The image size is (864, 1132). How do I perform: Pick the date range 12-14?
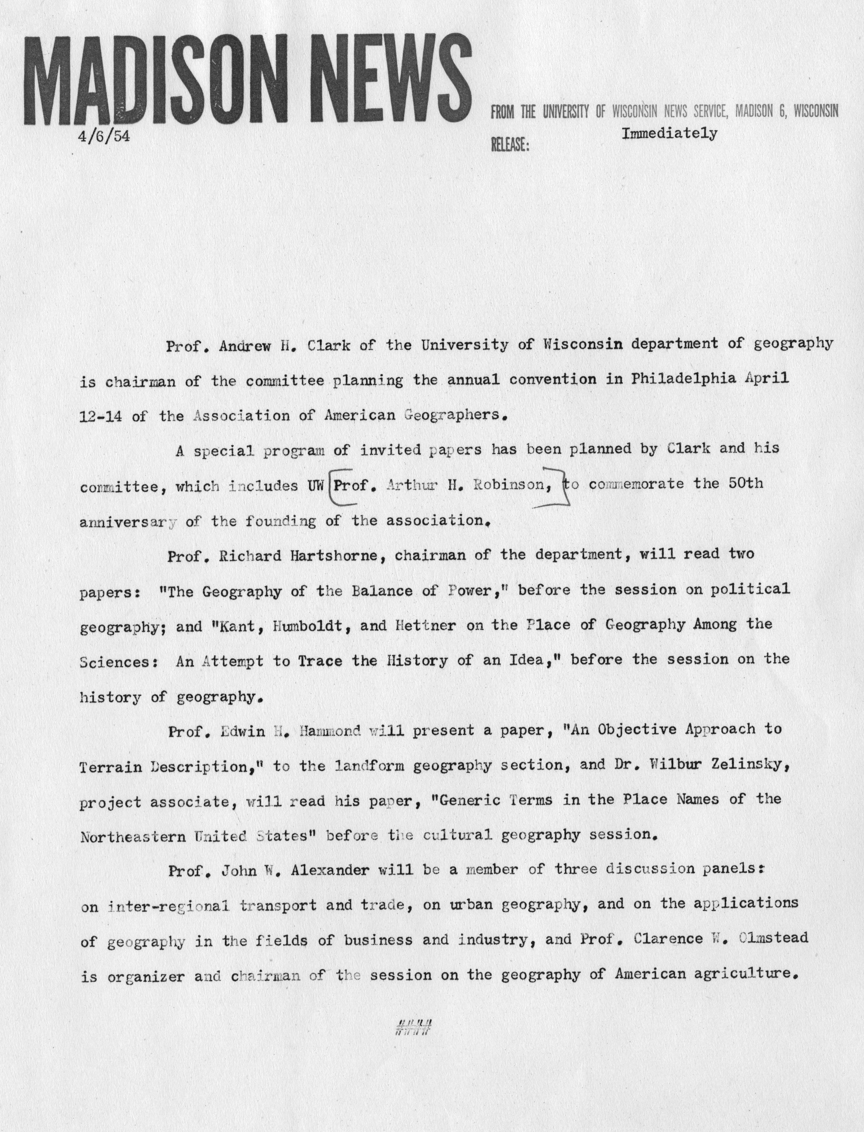tap(100, 416)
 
